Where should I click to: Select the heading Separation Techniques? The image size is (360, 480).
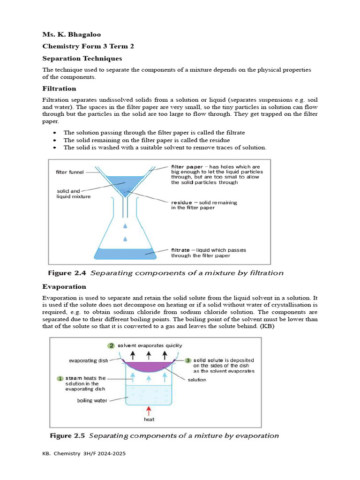coord(82,59)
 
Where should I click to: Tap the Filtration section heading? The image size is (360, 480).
coord(59,88)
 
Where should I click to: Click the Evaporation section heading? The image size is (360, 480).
coord(64,286)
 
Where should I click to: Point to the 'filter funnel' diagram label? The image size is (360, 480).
coord(70,172)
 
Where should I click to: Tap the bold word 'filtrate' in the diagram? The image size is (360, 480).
coord(181,250)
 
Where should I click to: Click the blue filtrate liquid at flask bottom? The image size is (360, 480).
coord(125,254)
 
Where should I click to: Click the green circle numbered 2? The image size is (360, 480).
coord(111,345)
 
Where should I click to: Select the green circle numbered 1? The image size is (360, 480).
coord(60,378)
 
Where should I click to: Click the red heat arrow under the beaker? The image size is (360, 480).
coord(149,411)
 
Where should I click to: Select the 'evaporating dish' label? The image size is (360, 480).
coord(89,360)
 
